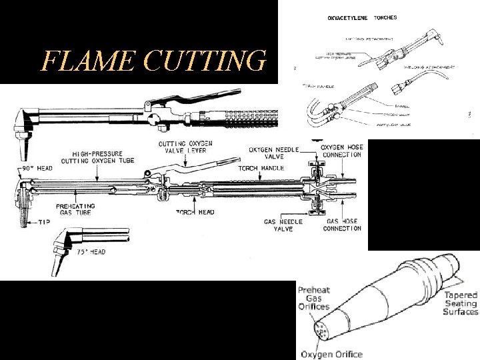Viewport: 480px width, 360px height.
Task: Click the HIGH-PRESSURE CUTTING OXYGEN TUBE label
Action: (x=101, y=157)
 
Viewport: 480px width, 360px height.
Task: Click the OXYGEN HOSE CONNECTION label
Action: (x=341, y=151)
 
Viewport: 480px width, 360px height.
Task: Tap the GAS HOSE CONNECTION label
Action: (x=342, y=225)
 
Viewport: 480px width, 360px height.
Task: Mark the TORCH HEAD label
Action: (x=195, y=212)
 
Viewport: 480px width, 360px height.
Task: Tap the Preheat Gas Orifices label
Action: (x=313, y=298)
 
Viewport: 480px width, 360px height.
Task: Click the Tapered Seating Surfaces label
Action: (x=461, y=303)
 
